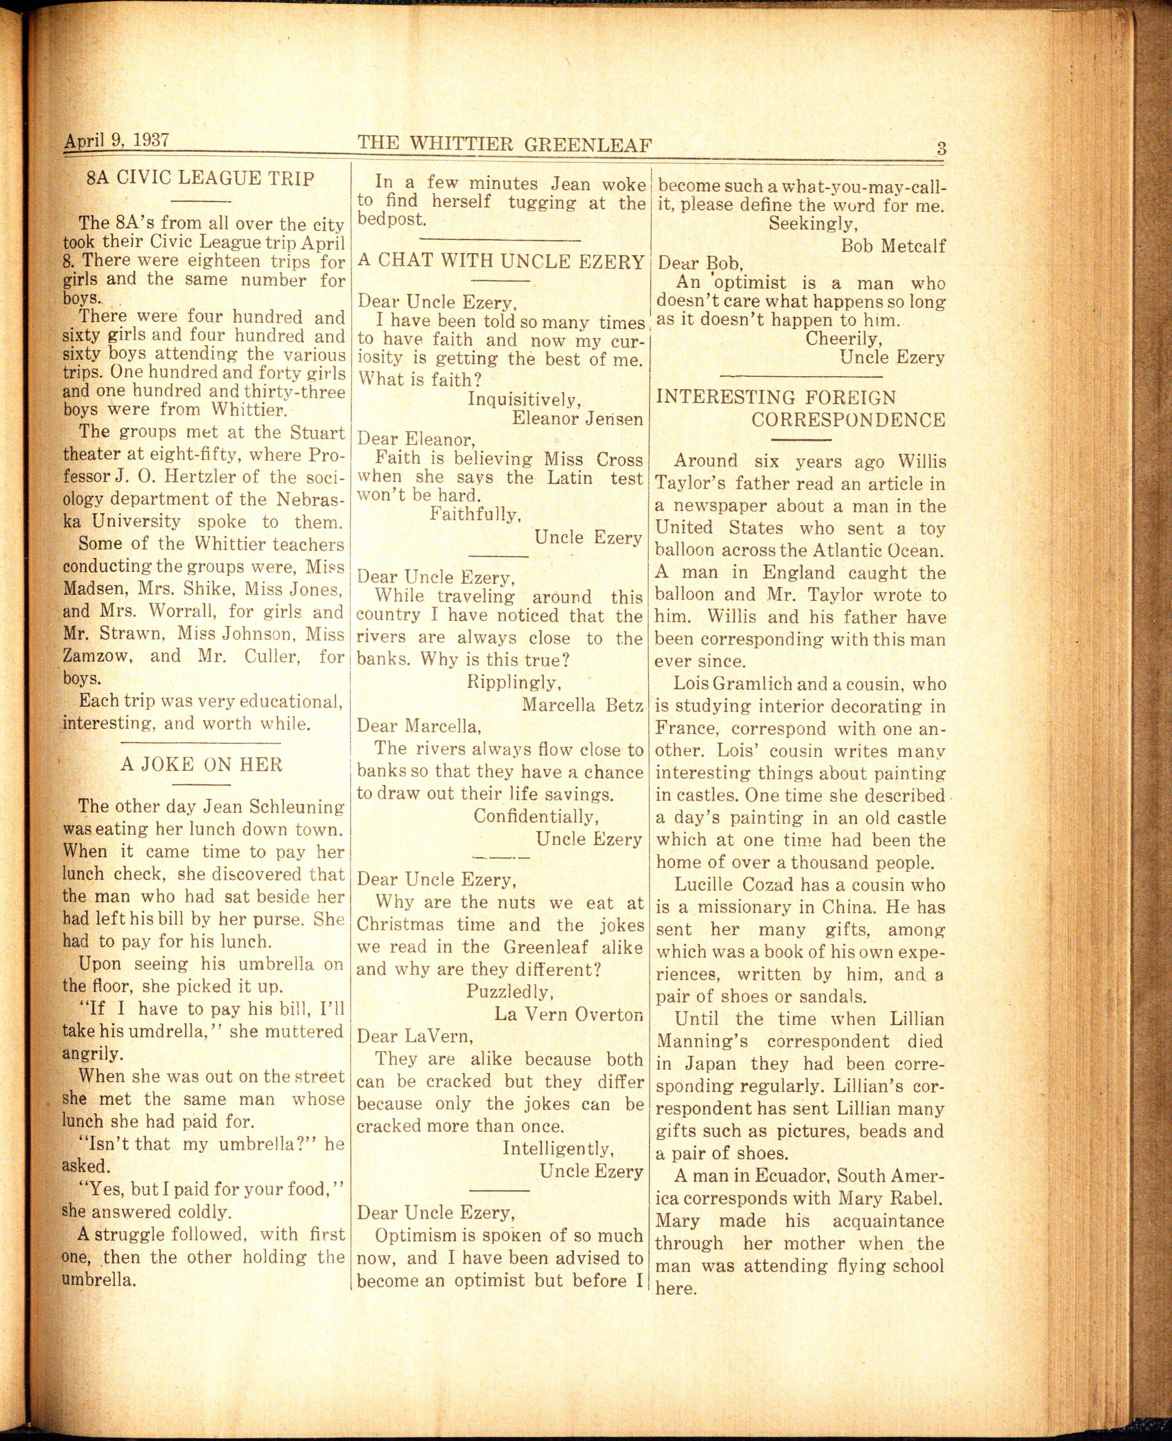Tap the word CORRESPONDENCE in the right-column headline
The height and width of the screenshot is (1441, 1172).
coord(848,420)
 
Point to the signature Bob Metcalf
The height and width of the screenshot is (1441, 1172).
coord(893,246)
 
